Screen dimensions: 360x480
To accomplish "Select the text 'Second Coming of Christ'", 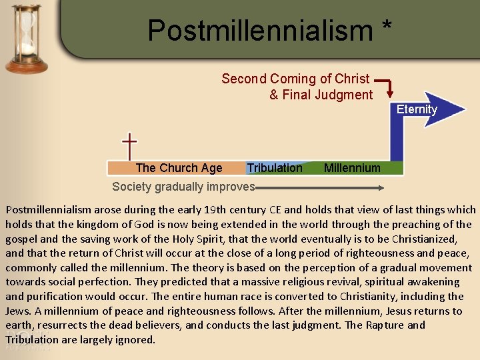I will [295, 79].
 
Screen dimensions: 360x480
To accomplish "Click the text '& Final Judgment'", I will [321, 95].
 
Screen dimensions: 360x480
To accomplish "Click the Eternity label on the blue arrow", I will [417, 109].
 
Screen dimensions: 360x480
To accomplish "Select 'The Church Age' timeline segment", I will [179, 168].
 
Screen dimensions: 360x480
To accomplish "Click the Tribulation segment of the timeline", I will [275, 168].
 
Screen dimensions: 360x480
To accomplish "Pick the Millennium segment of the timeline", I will [352, 168].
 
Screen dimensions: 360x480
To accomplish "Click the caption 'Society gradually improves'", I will [183, 186].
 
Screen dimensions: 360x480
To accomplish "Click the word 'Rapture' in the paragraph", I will [382, 325].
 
